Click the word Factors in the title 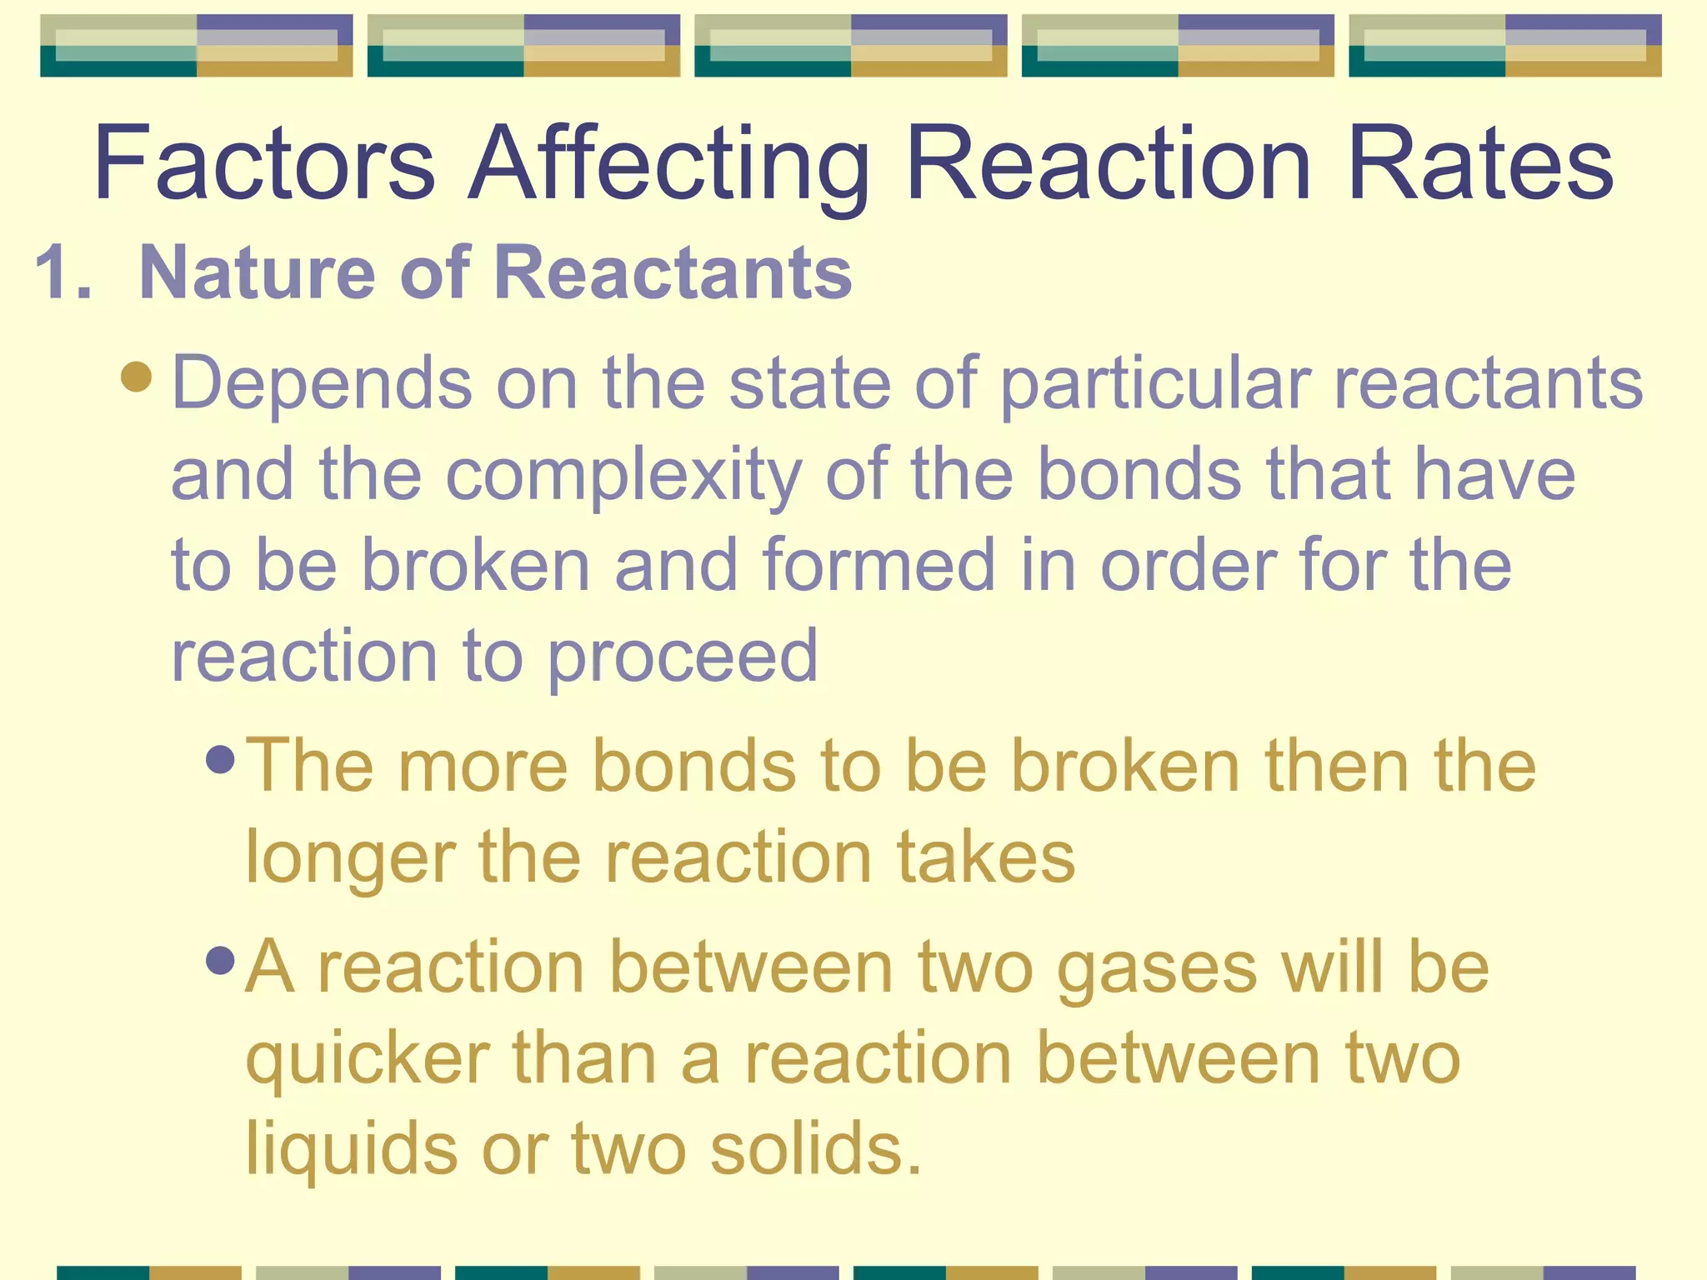pyautogui.click(x=264, y=162)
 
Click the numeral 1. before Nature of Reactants pyautogui.click(x=63, y=272)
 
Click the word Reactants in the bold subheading pyautogui.click(x=673, y=272)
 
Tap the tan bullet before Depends pyautogui.click(x=136, y=376)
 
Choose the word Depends pyautogui.click(x=322, y=383)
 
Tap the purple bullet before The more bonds pyautogui.click(x=220, y=758)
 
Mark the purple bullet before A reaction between pyautogui.click(x=220, y=960)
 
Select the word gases pyautogui.click(x=1156, y=968)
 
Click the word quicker pyautogui.click(x=367, y=1060)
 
